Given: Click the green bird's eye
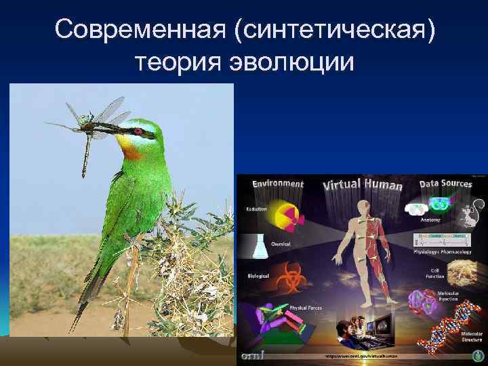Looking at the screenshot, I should [138, 129].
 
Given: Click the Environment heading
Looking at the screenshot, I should [277, 183].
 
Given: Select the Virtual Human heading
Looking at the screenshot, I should [363, 184].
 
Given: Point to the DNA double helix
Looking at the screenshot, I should [444, 329].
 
